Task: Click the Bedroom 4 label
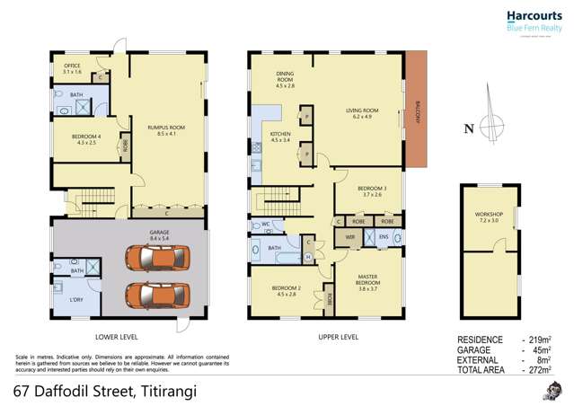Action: [73, 139]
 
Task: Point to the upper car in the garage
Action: [158, 260]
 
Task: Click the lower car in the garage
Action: [158, 293]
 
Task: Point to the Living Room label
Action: [363, 113]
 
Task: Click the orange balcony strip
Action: [418, 108]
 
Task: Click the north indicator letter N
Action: [468, 128]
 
